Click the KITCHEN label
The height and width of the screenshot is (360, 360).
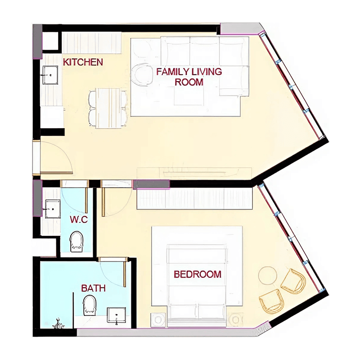83,62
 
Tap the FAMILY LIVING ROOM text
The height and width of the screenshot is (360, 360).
189,76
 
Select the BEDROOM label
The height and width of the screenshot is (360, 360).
198,274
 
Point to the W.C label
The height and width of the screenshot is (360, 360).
79,220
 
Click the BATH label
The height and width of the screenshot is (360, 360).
94,288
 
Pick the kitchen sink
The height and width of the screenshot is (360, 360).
50,75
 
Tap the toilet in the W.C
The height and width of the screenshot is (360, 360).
76,242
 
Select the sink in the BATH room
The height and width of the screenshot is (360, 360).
117,315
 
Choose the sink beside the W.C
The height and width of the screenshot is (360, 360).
53,209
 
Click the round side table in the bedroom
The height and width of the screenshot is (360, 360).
267,276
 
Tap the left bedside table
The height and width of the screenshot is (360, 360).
158,320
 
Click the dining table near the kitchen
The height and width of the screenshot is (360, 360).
108,108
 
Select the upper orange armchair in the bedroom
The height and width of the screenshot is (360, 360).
294,281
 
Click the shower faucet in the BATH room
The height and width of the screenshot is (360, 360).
58,324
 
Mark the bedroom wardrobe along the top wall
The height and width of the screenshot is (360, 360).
195,198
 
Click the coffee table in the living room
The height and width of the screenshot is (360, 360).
189,96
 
